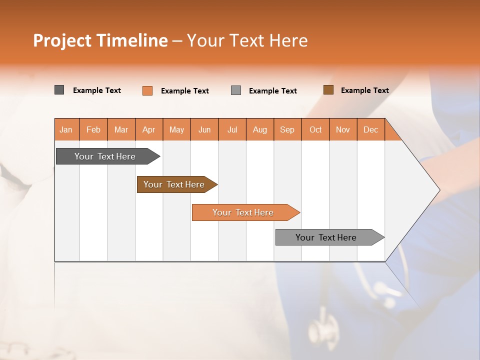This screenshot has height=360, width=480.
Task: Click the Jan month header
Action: pos(66,129)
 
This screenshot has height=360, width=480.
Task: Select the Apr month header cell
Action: pos(149,129)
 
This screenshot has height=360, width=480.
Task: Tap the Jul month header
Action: pos(232,129)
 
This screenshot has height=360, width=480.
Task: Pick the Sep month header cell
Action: pos(287,129)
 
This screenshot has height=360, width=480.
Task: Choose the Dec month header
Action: pos(370,129)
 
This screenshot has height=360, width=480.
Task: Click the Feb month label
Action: pos(93,129)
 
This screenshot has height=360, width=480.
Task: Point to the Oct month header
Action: pos(315,129)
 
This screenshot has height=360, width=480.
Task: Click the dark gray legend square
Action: pos(59,90)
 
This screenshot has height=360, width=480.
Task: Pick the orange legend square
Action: pos(147,90)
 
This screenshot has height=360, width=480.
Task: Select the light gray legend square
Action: pos(236,90)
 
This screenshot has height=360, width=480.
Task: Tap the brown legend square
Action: pos(328,90)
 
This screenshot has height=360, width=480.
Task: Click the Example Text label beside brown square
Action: pos(364,90)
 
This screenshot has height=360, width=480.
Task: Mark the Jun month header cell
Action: pos(204,129)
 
